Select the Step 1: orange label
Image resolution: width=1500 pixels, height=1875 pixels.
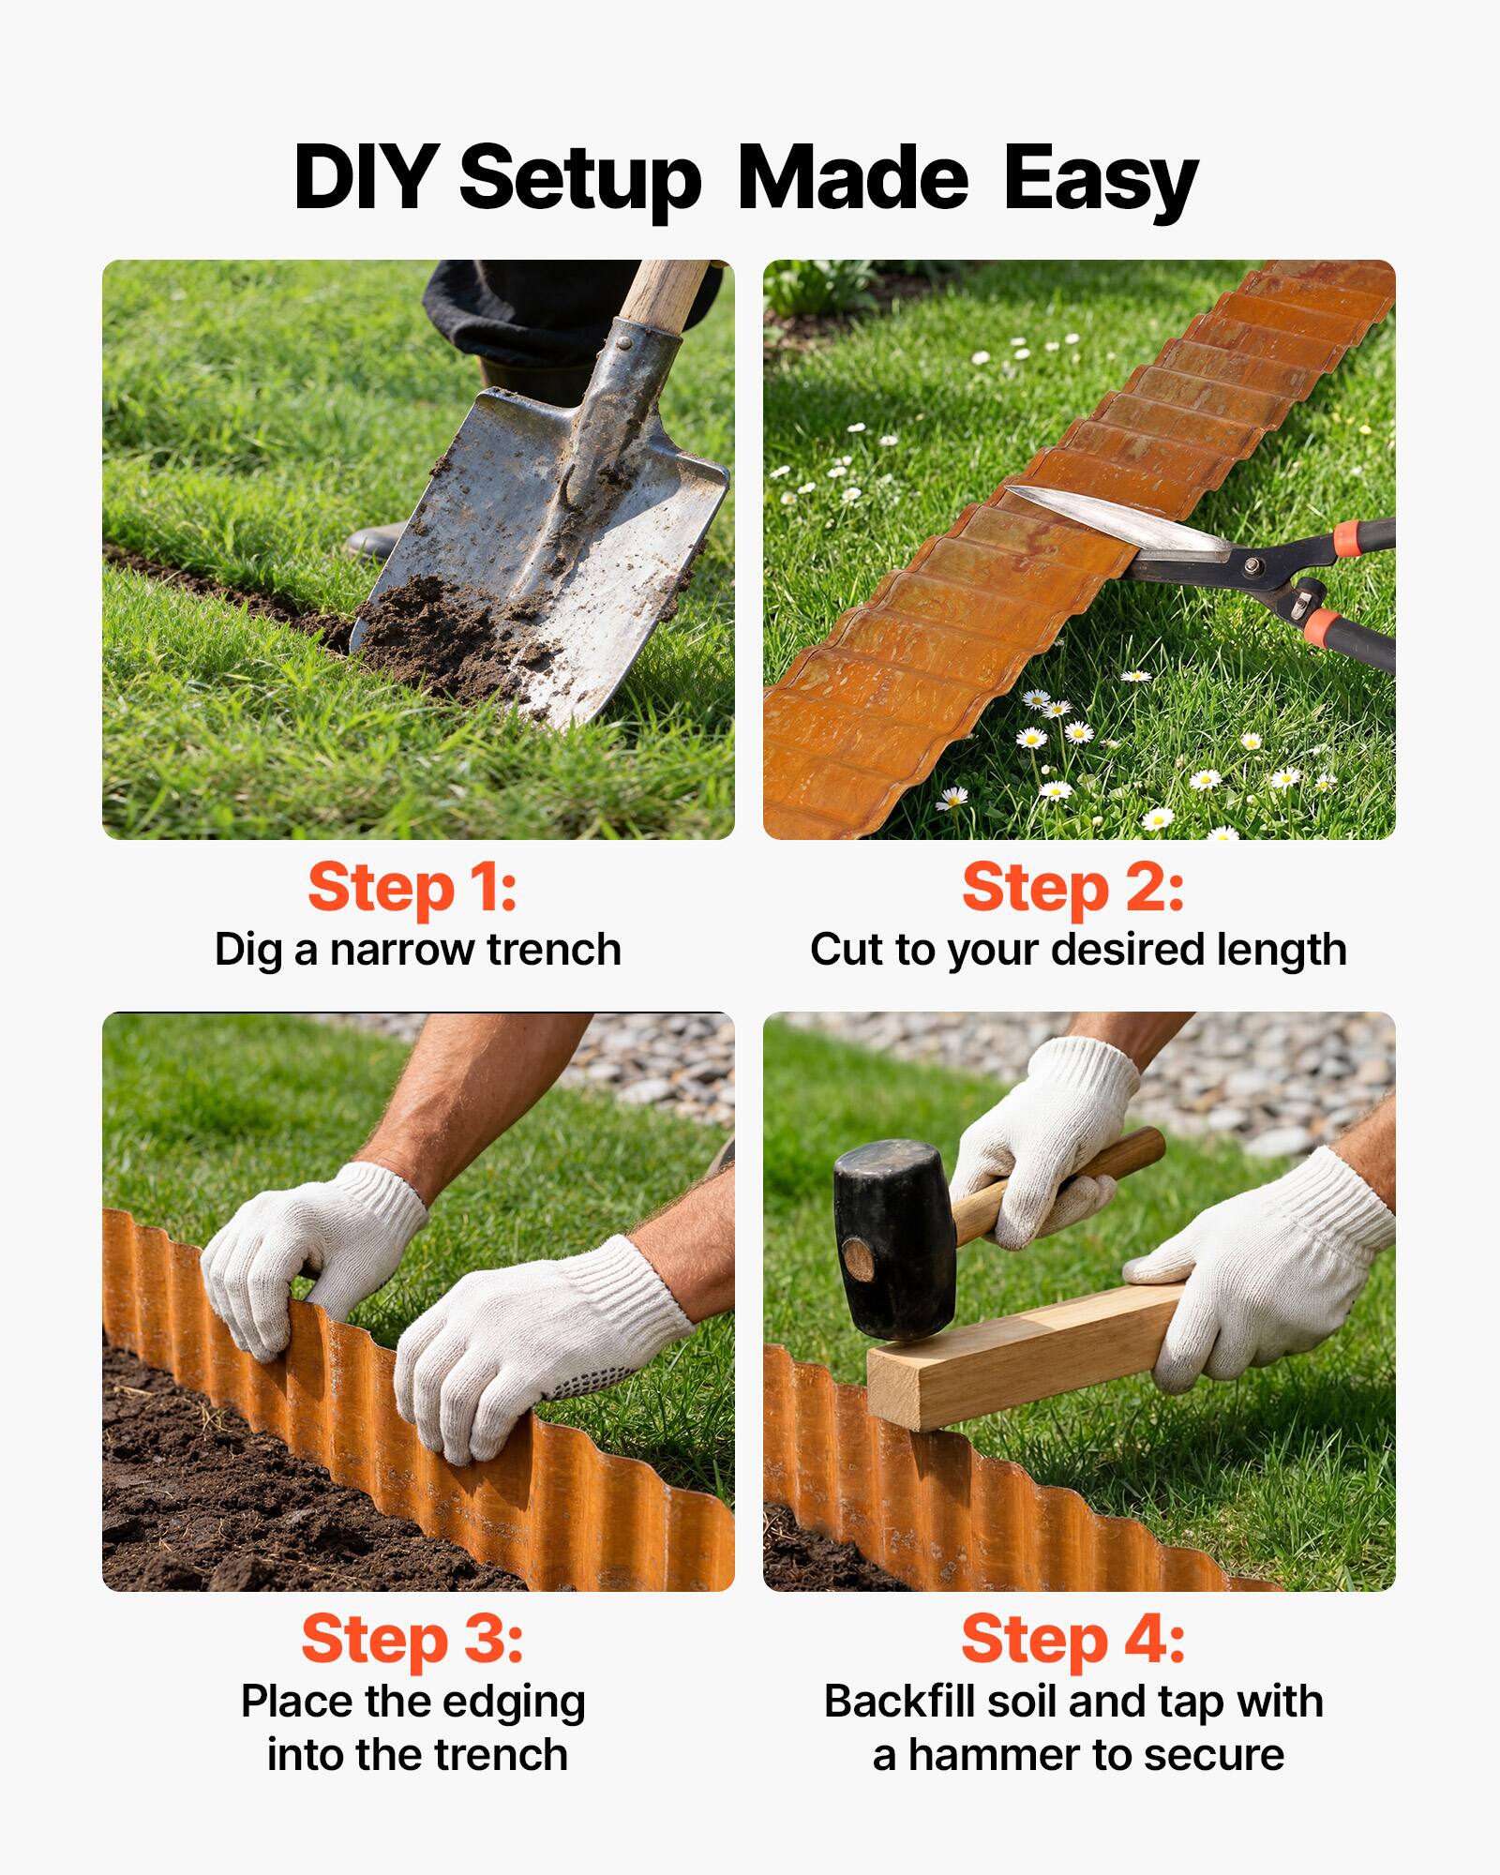point(412,888)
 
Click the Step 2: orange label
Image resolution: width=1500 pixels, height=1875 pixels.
point(1072,888)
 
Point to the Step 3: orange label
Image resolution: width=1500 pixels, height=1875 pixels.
point(412,1639)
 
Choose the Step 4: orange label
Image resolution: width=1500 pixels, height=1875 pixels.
point(1072,1639)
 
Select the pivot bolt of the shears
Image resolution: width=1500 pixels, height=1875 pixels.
point(1252,565)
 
